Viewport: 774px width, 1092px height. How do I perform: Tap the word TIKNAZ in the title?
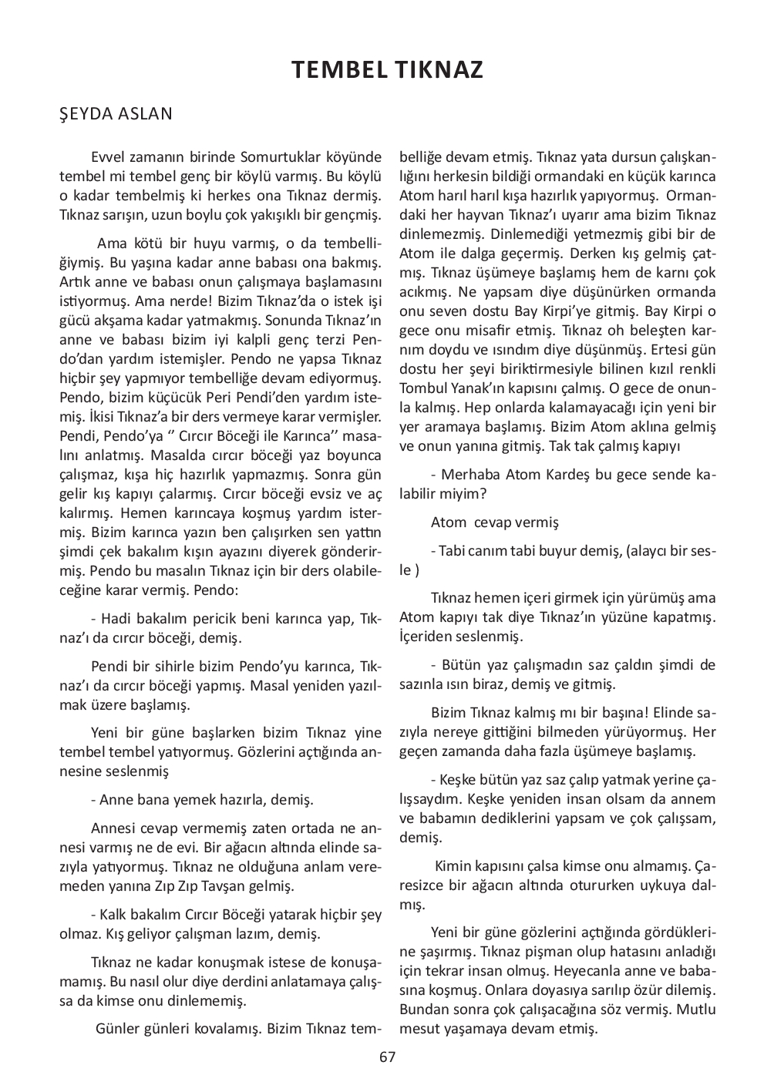[439, 71]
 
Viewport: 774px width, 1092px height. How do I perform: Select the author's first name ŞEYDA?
[86, 114]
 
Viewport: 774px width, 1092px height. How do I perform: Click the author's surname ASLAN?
[146, 114]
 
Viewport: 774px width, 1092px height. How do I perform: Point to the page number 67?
[387, 1057]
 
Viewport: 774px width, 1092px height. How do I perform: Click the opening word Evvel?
[107, 155]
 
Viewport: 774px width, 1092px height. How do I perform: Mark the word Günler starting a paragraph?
[117, 1029]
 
